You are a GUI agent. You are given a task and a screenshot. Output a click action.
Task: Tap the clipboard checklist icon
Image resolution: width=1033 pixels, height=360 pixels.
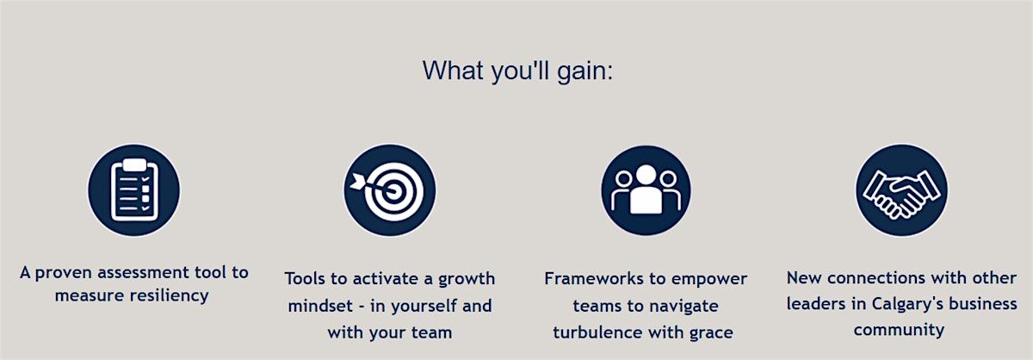[x=134, y=190]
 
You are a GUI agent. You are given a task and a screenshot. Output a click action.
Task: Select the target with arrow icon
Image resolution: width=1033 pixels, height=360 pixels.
[x=390, y=190]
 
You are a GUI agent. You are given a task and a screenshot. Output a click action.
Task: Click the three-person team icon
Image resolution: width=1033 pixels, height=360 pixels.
[x=646, y=190]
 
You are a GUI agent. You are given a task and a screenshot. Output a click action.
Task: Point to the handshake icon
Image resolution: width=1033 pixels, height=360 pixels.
[x=901, y=190]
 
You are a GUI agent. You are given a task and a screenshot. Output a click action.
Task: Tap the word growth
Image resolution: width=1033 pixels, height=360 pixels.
[x=467, y=280]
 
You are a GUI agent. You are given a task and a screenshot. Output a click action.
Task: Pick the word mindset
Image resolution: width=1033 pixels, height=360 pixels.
[x=320, y=306]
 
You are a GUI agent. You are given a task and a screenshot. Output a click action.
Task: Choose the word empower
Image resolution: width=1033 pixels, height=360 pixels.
[x=708, y=280]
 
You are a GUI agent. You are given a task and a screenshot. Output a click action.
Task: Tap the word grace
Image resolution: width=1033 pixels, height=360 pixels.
[x=711, y=333]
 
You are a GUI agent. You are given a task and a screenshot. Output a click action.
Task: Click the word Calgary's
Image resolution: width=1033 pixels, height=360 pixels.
[x=907, y=305]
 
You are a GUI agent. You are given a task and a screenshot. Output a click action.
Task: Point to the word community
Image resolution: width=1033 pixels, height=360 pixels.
[x=899, y=331]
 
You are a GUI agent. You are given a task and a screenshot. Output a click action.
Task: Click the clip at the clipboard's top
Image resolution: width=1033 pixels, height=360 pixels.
[x=134, y=164]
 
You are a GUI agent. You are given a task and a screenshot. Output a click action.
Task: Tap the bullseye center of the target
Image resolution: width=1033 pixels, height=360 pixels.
[x=393, y=190]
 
